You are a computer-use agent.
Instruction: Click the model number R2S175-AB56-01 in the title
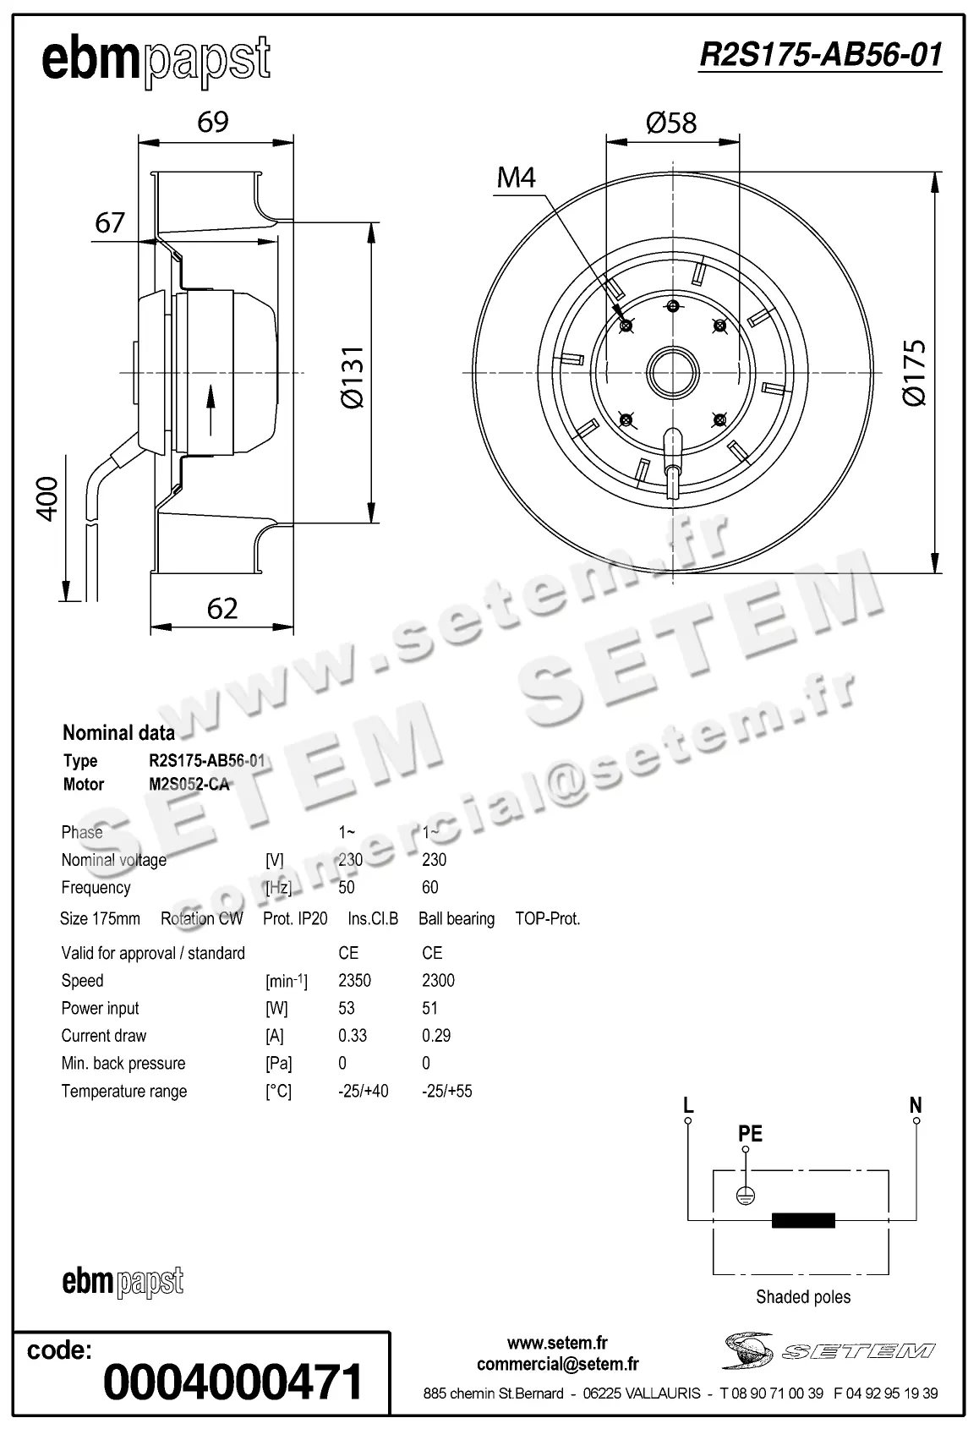click(x=820, y=55)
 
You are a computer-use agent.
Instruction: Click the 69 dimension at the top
click(x=213, y=123)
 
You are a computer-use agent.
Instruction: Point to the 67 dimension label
click(x=110, y=222)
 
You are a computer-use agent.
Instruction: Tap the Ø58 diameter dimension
click(x=671, y=123)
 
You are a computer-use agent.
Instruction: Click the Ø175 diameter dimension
click(x=916, y=373)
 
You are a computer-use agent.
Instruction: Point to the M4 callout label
click(x=516, y=178)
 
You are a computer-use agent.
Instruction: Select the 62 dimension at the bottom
click(x=222, y=608)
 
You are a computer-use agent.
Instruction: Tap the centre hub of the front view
click(x=673, y=371)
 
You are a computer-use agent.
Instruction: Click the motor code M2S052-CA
click(x=189, y=784)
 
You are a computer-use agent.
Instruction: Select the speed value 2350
click(x=354, y=980)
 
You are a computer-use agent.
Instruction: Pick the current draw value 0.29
click(x=436, y=1036)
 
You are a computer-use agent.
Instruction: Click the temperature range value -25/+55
click(x=446, y=1091)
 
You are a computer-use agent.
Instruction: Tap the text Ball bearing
click(x=457, y=918)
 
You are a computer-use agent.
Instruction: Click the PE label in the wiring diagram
click(x=750, y=1133)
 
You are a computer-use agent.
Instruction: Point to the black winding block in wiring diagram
click(x=803, y=1219)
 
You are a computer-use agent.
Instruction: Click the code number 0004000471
click(x=232, y=1382)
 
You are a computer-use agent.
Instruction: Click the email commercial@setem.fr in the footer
click(x=557, y=1364)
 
